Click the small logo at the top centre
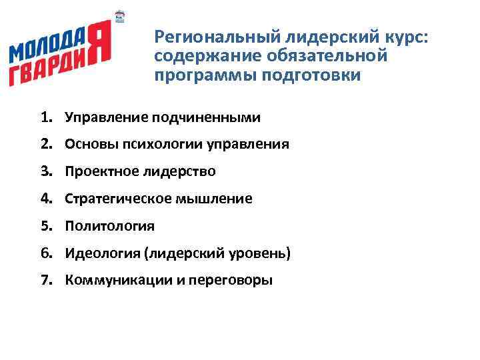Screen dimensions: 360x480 pyautogui.click(x=121, y=19)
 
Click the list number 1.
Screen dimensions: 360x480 pyautogui.click(x=45, y=118)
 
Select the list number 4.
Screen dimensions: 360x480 pyautogui.click(x=45, y=199)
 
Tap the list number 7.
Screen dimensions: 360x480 pyautogui.click(x=45, y=280)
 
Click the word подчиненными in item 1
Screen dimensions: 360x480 pyautogui.click(x=206, y=118)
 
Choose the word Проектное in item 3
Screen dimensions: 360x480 pyautogui.click(x=101, y=172)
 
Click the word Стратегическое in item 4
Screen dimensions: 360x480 pyautogui.click(x=118, y=199)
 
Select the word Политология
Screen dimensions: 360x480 pyautogui.click(x=109, y=226)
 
